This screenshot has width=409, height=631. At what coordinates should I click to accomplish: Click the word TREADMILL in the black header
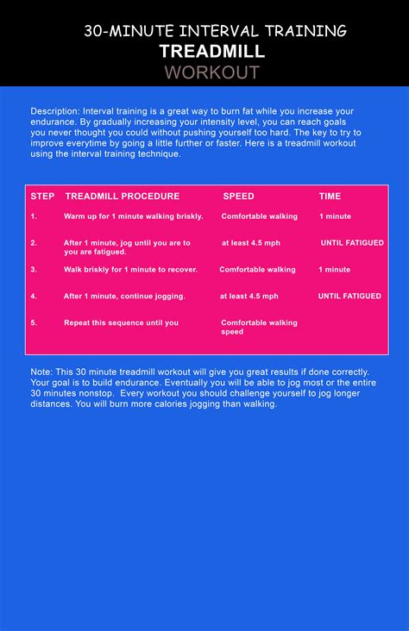click(211, 52)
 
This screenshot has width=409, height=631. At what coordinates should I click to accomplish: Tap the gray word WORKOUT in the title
click(211, 72)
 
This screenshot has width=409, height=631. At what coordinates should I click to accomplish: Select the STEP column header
click(42, 197)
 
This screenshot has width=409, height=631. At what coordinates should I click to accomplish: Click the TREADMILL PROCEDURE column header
click(123, 197)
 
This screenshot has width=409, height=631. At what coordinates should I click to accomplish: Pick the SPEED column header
click(238, 197)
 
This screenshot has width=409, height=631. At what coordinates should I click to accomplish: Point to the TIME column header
click(330, 197)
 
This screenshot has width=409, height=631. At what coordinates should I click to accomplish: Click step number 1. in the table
click(34, 216)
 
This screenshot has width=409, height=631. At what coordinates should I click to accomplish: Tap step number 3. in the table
click(34, 270)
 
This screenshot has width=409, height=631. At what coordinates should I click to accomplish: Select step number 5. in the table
click(34, 323)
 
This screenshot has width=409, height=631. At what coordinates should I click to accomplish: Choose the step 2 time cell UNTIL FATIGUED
click(352, 243)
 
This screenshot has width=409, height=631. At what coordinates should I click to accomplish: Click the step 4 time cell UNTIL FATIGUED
click(349, 297)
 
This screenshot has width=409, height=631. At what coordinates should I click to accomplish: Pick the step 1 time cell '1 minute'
click(335, 216)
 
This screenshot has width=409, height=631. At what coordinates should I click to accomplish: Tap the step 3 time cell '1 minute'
click(335, 270)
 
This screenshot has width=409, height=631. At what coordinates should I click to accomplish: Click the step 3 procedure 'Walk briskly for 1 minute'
click(130, 270)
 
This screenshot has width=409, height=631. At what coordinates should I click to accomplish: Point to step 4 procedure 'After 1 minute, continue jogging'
click(124, 297)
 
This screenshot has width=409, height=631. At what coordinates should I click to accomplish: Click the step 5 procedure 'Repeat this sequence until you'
click(121, 323)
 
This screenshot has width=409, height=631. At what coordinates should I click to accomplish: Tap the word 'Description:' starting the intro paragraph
click(55, 111)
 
